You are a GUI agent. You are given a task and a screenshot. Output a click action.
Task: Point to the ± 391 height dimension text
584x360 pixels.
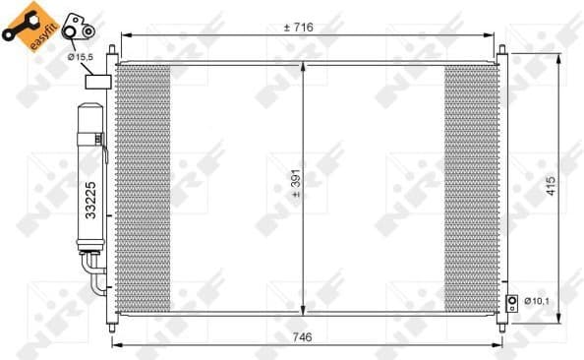click(x=296, y=186)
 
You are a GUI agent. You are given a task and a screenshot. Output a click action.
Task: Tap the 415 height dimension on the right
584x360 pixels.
click(x=551, y=186)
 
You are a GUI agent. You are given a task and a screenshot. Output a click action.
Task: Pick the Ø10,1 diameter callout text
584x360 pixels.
click(x=536, y=300)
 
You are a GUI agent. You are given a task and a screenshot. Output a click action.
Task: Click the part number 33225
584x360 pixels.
click(x=89, y=196)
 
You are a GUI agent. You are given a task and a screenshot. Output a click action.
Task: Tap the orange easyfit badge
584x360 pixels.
click(x=27, y=21)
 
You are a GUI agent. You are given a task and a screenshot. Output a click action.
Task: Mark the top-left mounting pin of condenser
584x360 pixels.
click(x=117, y=51)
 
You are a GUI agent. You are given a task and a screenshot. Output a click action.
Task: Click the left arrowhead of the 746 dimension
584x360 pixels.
click(x=115, y=345)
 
